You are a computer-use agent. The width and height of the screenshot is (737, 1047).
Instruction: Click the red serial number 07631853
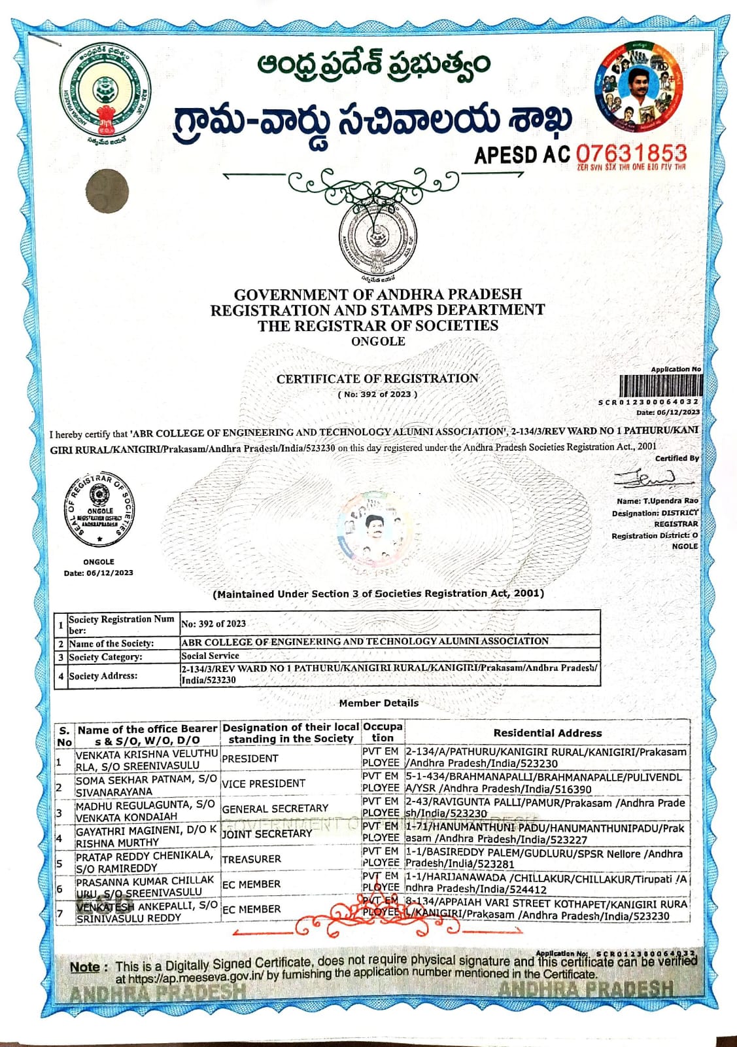[x=631, y=154]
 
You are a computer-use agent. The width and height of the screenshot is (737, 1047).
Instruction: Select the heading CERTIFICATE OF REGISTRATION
[x=377, y=379]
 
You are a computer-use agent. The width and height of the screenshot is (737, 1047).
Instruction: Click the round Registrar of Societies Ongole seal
[x=100, y=507]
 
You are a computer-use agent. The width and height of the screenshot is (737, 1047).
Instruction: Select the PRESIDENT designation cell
[x=250, y=758]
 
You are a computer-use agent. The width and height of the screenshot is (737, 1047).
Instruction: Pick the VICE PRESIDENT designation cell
[x=264, y=783]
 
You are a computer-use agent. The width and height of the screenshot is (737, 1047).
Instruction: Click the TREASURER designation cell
[x=252, y=859]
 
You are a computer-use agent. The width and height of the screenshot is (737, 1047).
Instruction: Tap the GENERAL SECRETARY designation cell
[x=275, y=809]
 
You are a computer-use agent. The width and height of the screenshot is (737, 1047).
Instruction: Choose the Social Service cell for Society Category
[x=211, y=655]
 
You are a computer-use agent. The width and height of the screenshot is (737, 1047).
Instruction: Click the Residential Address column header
[x=547, y=733]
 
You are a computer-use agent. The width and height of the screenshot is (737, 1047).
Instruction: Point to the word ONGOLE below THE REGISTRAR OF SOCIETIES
[x=378, y=342]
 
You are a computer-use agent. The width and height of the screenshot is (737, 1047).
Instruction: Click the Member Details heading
[x=379, y=703]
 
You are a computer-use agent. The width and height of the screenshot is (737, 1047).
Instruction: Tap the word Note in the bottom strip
[x=85, y=967]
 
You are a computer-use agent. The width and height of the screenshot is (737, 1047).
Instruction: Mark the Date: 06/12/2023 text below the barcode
[x=668, y=412]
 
